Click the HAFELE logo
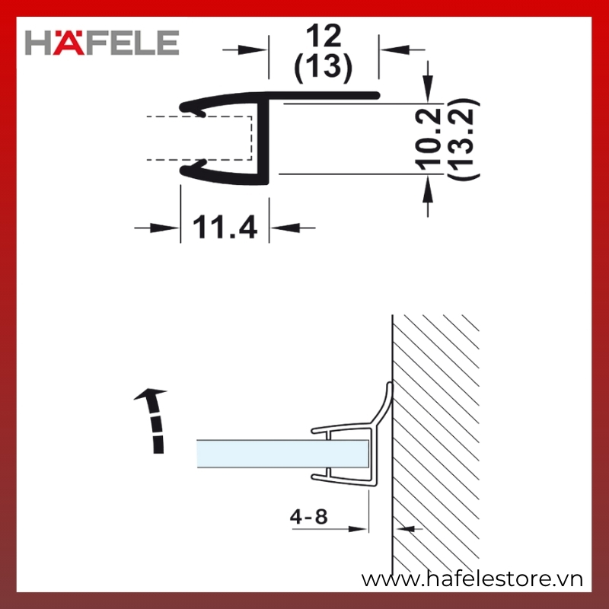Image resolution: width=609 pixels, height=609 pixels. [102, 43]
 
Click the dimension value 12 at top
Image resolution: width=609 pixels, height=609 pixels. [324, 35]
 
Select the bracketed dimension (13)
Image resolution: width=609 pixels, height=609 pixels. [323, 68]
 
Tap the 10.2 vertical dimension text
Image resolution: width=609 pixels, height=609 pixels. [429, 139]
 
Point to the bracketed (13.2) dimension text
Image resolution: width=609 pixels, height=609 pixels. [464, 139]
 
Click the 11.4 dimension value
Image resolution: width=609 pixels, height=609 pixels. [225, 227]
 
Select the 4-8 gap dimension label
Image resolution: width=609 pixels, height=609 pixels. [309, 517]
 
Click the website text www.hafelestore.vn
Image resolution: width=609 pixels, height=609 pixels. [472, 579]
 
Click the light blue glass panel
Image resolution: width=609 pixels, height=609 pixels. [282, 454]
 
